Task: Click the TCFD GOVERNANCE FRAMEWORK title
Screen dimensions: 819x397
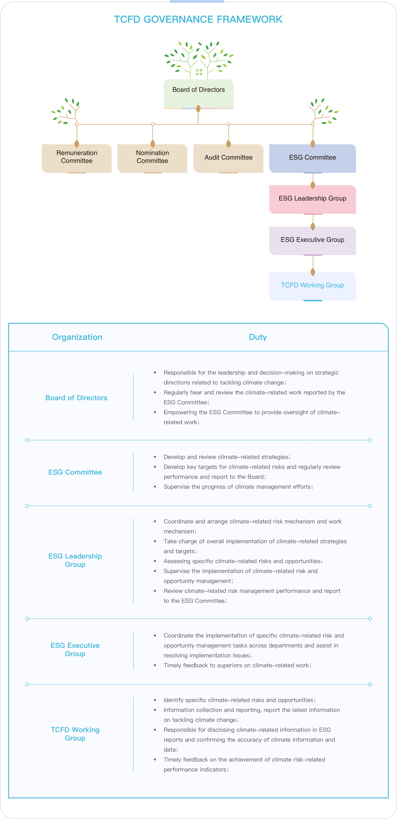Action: (198, 19)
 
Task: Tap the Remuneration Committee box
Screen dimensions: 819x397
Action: (77, 157)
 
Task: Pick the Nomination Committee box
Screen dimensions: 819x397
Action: (152, 157)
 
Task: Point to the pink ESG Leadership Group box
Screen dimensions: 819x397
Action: (312, 199)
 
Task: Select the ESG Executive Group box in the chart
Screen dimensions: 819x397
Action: (312, 240)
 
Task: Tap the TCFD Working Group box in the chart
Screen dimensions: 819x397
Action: (312, 285)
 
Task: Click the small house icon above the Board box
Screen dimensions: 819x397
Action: (199, 72)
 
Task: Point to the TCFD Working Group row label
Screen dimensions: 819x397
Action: (75, 734)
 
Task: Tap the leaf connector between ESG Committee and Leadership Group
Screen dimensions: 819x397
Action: (313, 185)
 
